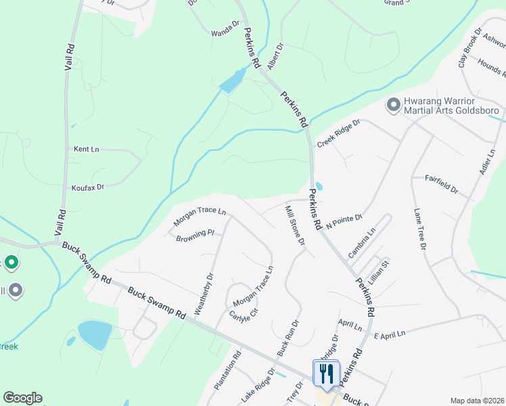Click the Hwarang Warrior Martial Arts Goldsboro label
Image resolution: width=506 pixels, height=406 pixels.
coord(451,106)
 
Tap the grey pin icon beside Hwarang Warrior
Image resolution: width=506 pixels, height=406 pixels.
coord(393,106)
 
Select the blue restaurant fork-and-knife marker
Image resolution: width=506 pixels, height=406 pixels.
coord(326,374)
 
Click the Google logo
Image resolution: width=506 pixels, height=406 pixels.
coord(22,398)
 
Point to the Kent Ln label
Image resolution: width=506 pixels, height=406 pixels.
coord(86,149)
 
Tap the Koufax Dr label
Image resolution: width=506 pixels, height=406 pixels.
coord(88,187)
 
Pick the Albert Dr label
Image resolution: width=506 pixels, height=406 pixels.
coord(275,56)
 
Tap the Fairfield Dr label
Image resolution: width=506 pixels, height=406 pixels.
coord(441,183)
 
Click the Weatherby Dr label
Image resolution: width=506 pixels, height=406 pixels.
coord(204,293)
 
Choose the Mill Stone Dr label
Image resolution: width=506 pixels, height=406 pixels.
coord(295,225)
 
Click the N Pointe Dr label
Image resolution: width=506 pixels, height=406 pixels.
coord(344,221)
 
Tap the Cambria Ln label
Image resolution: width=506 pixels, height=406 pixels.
coord(361,242)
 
